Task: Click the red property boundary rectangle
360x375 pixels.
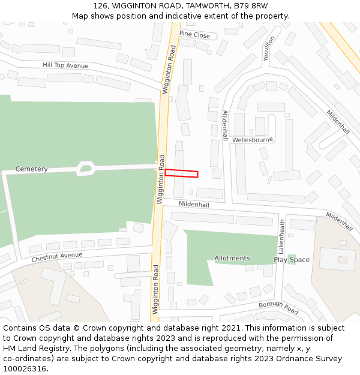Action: pos(181,173)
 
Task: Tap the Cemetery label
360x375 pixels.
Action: pos(32,169)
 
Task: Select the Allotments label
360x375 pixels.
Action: pos(232,259)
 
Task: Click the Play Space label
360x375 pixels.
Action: pos(292,260)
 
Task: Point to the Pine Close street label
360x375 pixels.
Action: pos(194,35)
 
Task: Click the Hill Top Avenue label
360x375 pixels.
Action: pos(65,65)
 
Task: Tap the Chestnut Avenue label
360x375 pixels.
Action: pos(57,257)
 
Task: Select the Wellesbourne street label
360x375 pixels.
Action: pos(253,140)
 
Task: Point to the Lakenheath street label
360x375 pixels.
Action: pos(281,235)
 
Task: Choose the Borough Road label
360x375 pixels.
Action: pos(278,308)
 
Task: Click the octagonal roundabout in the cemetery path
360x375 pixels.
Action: pos(86,168)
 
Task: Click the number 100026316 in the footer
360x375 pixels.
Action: pos(25,369)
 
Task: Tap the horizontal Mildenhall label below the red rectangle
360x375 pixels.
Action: pos(194,205)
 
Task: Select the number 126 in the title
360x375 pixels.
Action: pos(101,5)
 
